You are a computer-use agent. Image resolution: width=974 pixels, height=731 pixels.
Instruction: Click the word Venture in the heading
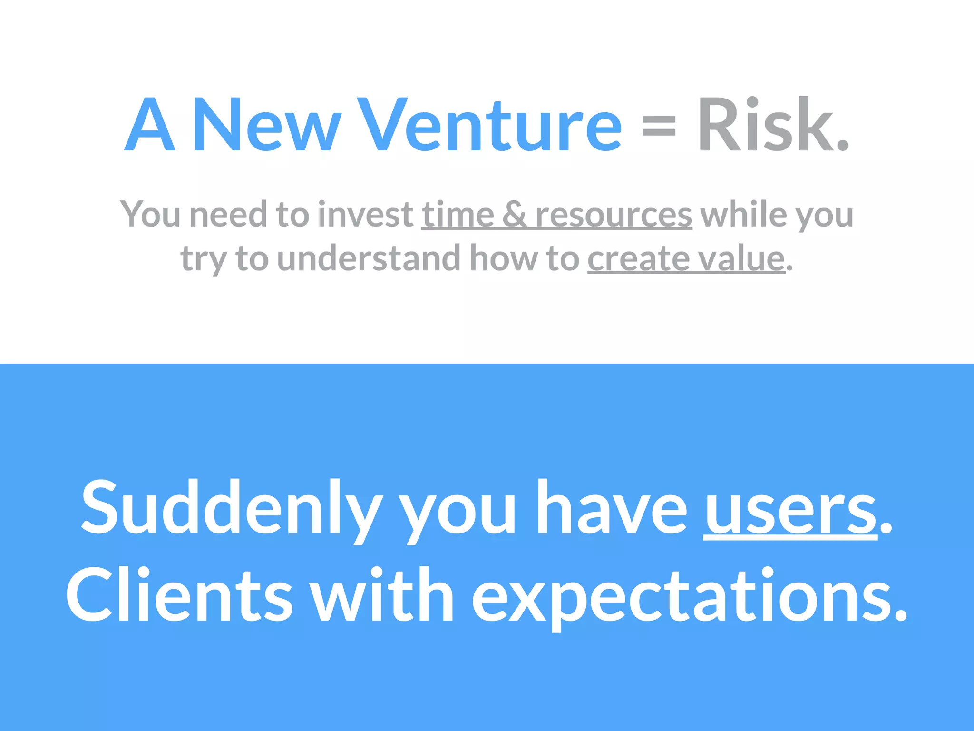[490, 125]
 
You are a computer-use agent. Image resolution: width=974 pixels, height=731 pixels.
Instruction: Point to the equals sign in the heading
[659, 128]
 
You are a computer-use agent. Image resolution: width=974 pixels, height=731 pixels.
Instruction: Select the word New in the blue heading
[266, 125]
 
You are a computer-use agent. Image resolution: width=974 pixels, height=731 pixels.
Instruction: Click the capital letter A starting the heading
[149, 125]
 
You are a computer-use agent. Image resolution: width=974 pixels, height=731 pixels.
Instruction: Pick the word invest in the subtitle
[366, 215]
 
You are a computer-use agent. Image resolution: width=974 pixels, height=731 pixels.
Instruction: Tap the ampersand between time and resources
[515, 215]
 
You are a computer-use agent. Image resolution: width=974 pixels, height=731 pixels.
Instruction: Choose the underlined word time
[458, 215]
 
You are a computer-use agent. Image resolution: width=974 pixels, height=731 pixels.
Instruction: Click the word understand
[369, 258]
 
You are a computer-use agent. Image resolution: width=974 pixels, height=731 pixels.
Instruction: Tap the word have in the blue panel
[612, 508]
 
